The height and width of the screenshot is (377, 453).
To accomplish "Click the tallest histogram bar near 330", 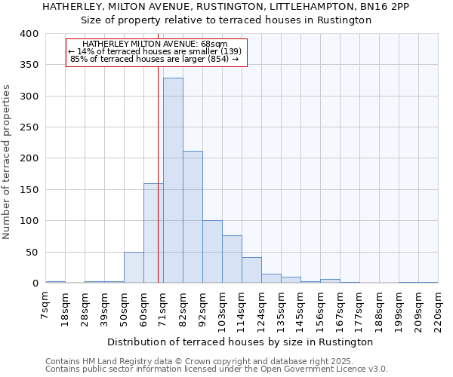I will (173, 181).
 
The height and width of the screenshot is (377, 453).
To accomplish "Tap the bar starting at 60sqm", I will (153, 233).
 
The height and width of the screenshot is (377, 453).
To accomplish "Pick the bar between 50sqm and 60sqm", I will (134, 268).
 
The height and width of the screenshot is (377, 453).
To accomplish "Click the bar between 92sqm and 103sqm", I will (212, 252).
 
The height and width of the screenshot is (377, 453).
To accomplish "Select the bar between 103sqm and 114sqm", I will (232, 259).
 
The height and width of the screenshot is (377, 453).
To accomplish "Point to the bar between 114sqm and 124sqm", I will (251, 270).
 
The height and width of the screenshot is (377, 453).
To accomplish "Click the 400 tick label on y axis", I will (29, 34).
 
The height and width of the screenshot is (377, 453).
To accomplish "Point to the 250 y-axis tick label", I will (29, 127).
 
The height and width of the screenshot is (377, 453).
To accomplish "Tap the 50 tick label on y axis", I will (32, 252).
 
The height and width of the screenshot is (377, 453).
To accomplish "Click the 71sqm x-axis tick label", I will (163, 309).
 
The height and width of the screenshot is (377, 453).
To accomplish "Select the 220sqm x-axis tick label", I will (438, 309).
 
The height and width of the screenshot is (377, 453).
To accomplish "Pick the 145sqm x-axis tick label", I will (300, 309).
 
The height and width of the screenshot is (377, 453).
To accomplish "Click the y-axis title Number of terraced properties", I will (8, 162).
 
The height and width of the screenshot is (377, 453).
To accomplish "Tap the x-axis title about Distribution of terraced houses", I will (240, 342).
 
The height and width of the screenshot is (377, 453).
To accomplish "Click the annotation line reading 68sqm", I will (156, 44).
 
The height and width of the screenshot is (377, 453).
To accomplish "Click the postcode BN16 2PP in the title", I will (386, 6).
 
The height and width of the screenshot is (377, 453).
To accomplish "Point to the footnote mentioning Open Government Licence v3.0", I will (216, 369).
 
